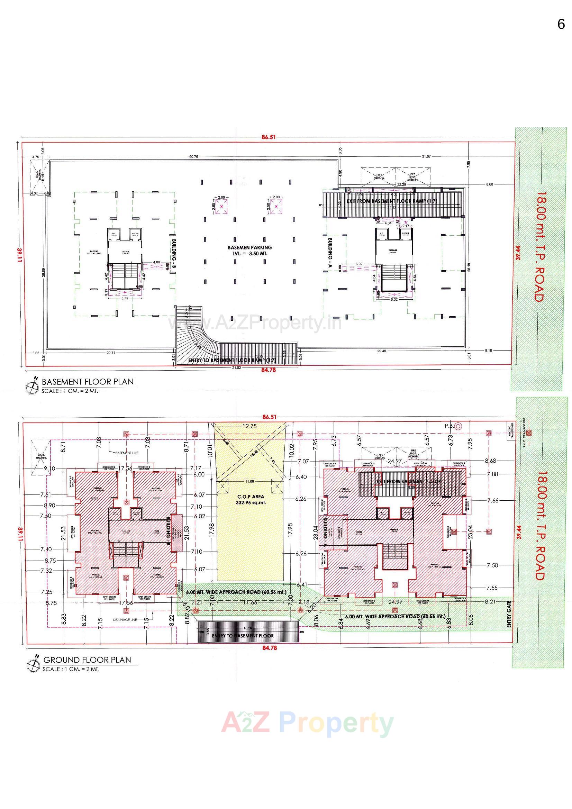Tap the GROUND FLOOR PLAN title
point(87,660)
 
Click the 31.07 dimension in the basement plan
point(426,156)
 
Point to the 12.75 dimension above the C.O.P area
point(249,426)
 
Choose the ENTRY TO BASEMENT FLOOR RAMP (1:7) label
point(232,360)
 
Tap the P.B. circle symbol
point(458,426)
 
